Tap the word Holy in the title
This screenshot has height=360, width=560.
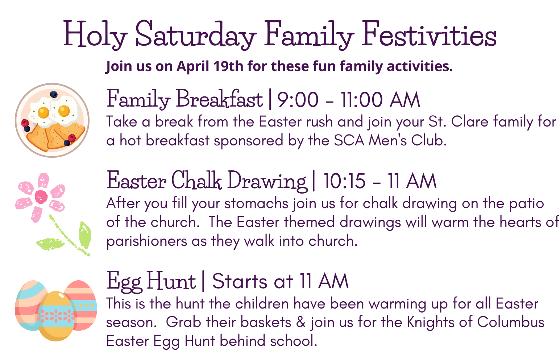point(95,35)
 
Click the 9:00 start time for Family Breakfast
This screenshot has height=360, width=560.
point(298,100)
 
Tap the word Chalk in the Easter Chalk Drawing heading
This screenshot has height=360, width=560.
point(196,179)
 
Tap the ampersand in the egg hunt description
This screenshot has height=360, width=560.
point(301,322)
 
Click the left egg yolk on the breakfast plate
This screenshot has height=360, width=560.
point(43,112)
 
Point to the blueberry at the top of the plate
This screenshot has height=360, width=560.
point(54,95)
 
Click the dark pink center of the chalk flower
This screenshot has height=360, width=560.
point(41,197)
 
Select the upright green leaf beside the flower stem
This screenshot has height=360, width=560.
point(85,235)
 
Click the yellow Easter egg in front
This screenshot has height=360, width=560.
point(57,316)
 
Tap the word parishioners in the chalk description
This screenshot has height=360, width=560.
point(146,241)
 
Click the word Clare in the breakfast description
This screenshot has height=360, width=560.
point(470,122)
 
